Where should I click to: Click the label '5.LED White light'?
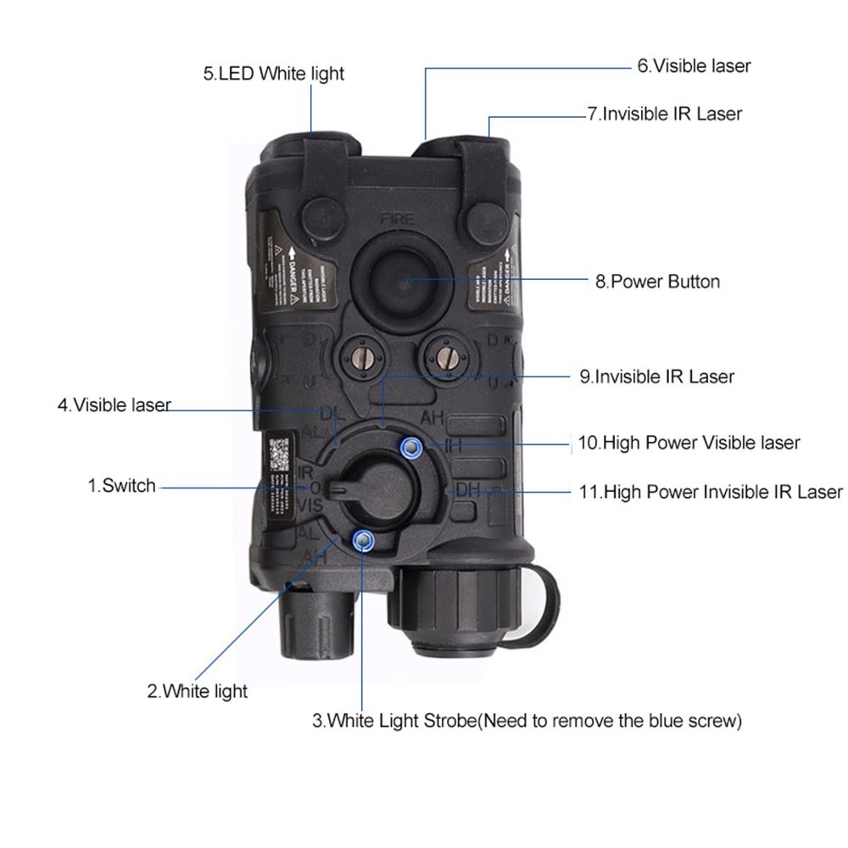(x=273, y=73)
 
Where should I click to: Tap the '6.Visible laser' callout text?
(x=694, y=65)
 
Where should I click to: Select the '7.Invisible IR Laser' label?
(x=664, y=113)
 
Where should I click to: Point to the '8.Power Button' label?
(x=657, y=281)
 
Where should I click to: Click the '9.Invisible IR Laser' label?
(x=656, y=376)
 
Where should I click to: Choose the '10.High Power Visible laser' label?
(x=689, y=442)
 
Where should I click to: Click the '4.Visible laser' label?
(x=114, y=404)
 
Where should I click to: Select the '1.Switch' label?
(x=122, y=486)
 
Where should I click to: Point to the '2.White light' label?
(x=197, y=691)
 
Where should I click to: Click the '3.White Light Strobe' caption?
(x=527, y=722)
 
